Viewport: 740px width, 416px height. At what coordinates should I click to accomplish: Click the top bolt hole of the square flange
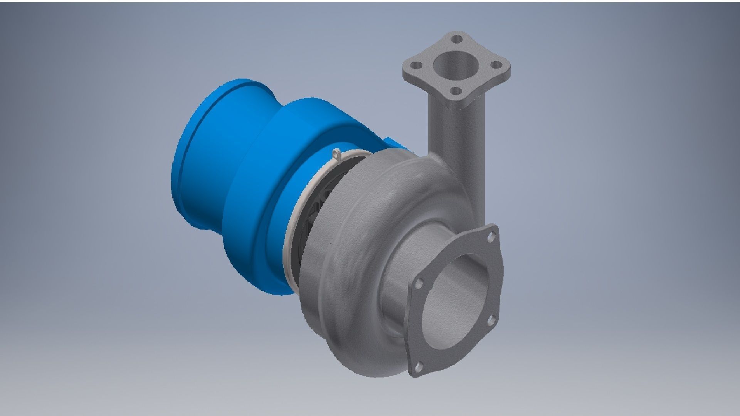pos(457,39)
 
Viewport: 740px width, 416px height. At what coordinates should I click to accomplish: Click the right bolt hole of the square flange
pos(496,65)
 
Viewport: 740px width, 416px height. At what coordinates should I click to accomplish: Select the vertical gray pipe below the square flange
pos(455,131)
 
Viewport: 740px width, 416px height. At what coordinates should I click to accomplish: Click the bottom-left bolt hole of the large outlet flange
pos(419,367)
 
